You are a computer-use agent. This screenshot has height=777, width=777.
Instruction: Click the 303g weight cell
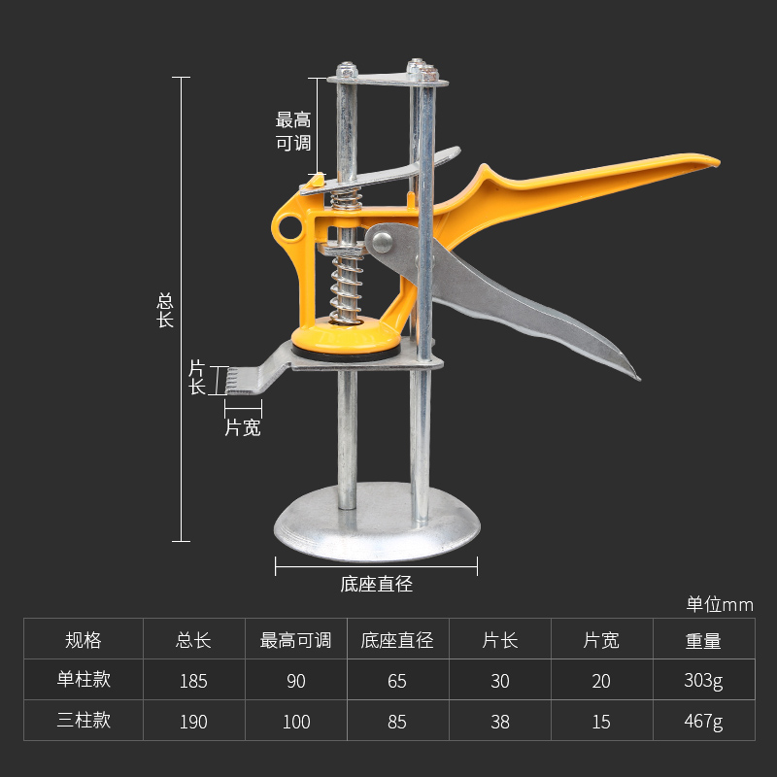[x=703, y=681]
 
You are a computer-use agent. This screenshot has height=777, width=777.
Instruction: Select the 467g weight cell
[x=703, y=722]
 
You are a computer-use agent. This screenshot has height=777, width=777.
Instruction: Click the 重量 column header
[x=703, y=640]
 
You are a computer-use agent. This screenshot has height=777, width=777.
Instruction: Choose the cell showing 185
[x=193, y=681]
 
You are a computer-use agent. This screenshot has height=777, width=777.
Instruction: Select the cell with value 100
[x=296, y=722]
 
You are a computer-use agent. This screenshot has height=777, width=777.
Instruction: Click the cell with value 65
[x=396, y=681]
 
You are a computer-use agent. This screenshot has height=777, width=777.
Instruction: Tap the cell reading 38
[x=499, y=722]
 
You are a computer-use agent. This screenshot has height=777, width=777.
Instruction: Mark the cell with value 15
[x=601, y=722]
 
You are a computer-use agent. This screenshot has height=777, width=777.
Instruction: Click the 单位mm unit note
[x=720, y=604]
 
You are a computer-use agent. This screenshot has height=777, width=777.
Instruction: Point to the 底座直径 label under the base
[x=377, y=585]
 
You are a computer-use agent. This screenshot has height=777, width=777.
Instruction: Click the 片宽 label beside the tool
[x=243, y=427]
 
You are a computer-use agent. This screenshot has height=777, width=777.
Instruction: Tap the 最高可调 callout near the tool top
[x=292, y=131]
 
